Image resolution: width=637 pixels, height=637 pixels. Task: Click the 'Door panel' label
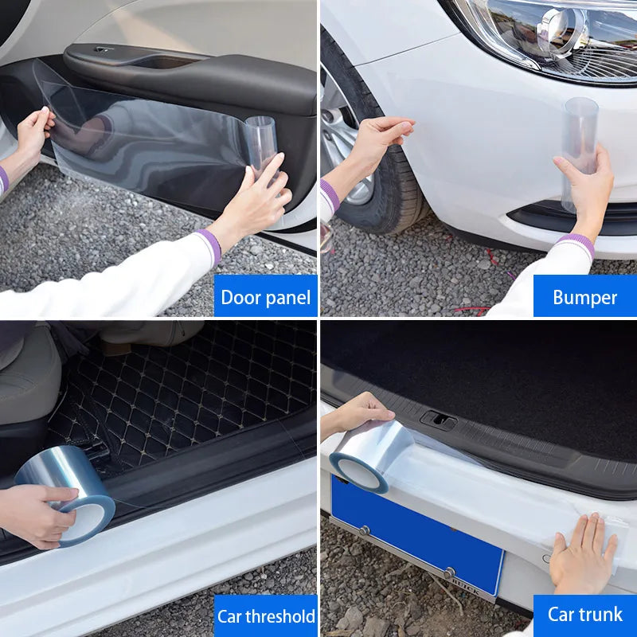pyautogui.click(x=265, y=297)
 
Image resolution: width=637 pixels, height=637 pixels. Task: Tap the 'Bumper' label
pyautogui.click(x=584, y=297)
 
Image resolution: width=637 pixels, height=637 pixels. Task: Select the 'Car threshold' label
pyautogui.click(x=265, y=616)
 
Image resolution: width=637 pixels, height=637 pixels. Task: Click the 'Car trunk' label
pyautogui.click(x=584, y=614)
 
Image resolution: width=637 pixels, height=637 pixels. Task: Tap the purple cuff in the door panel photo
pyautogui.click(x=209, y=245)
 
